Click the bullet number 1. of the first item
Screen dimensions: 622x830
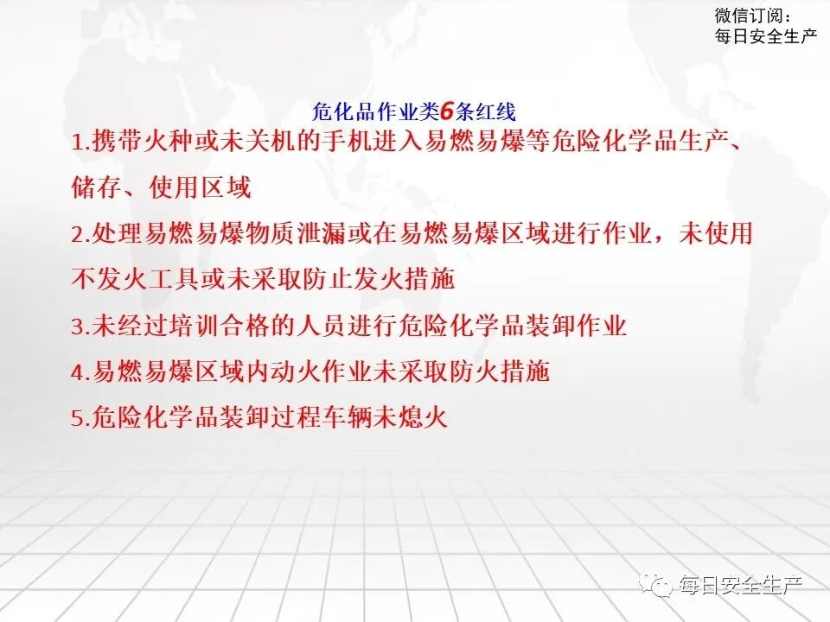click(x=80, y=143)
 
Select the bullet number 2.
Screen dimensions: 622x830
click(x=80, y=235)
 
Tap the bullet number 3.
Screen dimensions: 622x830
click(x=80, y=327)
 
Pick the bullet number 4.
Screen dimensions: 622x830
click(x=80, y=373)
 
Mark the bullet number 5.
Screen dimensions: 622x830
click(x=80, y=420)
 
